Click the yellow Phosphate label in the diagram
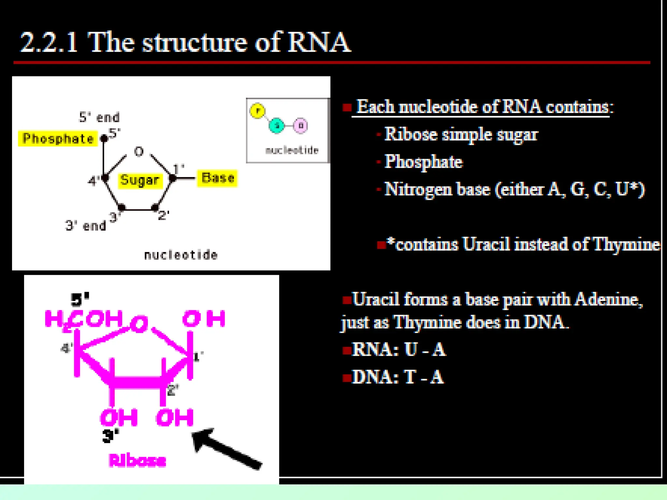58,139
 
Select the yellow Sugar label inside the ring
139,180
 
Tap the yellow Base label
218,178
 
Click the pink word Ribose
137,461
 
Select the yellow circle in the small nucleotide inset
258,111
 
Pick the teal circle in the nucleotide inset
277,126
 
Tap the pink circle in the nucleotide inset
300,126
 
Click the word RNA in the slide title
319,42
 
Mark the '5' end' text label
99,117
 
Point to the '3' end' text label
86,225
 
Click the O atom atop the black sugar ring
139,151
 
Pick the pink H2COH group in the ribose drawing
84,319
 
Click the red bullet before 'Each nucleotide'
347,107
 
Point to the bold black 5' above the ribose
79,299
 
